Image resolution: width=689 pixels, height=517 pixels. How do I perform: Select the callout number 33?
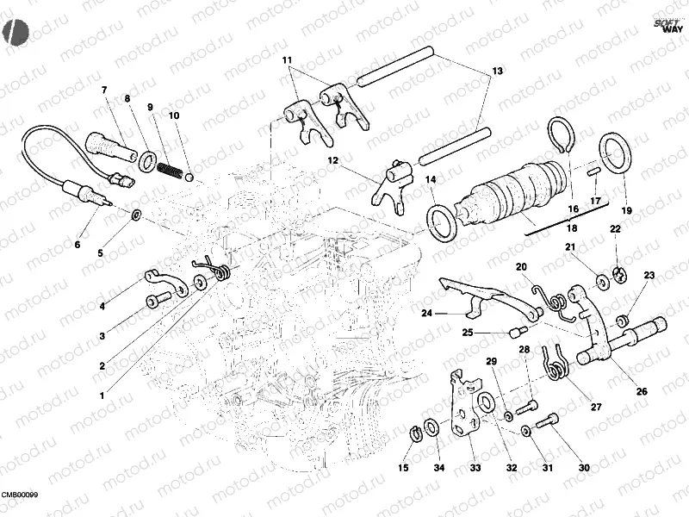(475, 468)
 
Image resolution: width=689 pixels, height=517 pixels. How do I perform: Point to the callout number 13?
(497, 70)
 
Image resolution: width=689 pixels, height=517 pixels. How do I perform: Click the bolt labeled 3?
(156, 300)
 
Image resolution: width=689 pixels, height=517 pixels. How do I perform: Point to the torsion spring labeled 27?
(556, 362)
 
